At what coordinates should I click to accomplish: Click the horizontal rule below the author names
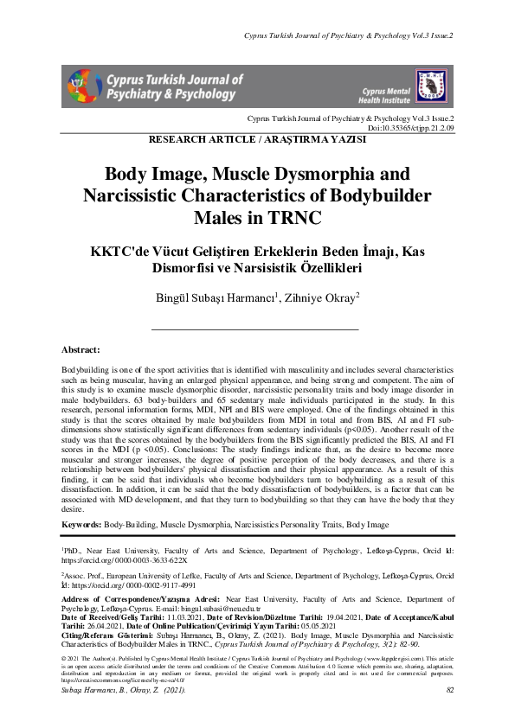(255, 329)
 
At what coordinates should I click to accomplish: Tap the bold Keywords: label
(81, 525)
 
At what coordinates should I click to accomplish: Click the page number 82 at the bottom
(450, 715)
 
